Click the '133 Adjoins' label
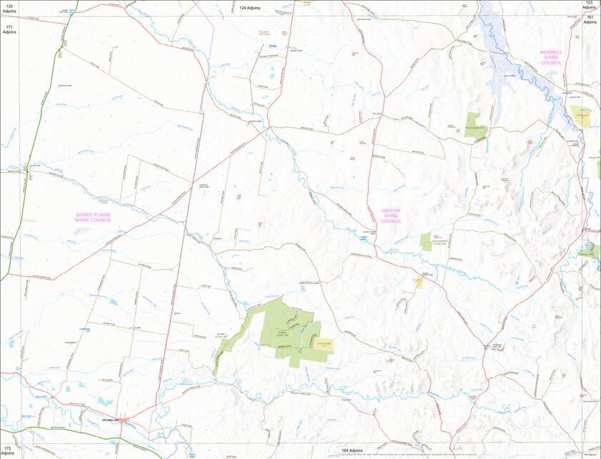pos(9,9)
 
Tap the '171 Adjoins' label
pos(9,29)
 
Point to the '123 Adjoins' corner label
pos(590,6)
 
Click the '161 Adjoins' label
pos(590,19)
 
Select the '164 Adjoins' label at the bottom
pos(350,451)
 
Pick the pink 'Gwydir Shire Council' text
pos(391,216)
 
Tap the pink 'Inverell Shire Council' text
pos(552,58)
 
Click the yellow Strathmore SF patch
pos(324,345)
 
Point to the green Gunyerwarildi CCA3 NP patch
pos(426,241)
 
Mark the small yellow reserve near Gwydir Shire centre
pos(417,281)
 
